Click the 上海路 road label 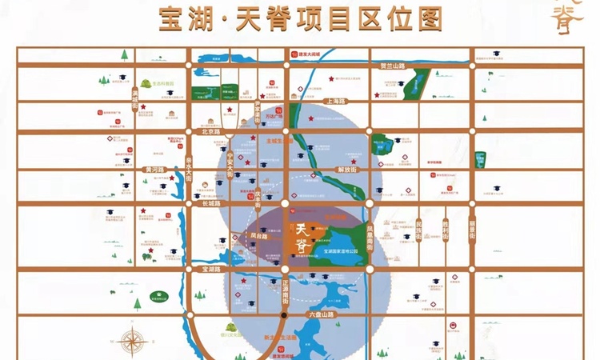click(336, 102)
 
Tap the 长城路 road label click(211, 204)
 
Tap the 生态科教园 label click(164, 82)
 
